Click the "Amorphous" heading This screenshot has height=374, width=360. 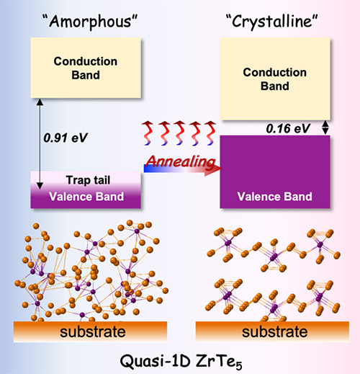[90, 21]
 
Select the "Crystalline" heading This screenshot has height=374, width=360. [272, 21]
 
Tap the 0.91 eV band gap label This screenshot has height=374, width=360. [66, 138]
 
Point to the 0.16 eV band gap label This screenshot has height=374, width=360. [288, 128]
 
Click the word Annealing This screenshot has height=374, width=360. [181, 161]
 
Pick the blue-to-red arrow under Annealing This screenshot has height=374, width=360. [183, 169]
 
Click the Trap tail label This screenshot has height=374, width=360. [88, 180]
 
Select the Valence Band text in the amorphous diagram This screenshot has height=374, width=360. [86, 197]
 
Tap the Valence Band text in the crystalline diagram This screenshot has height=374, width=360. [275, 197]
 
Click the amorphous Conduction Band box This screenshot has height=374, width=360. [86, 68]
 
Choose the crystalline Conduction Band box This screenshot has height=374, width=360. [275, 79]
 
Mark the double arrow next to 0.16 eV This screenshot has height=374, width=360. [325, 128]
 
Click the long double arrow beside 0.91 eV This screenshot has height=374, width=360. [40, 144]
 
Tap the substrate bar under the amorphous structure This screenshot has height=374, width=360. [90, 331]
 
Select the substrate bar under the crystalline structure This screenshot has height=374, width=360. [272, 331]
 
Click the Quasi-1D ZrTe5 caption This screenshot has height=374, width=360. [181, 362]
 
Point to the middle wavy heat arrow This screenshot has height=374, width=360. [179, 133]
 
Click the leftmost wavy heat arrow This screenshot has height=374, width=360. [148, 133]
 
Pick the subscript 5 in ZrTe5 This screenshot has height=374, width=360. [238, 365]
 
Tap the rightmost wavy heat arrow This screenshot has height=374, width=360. [210, 133]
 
